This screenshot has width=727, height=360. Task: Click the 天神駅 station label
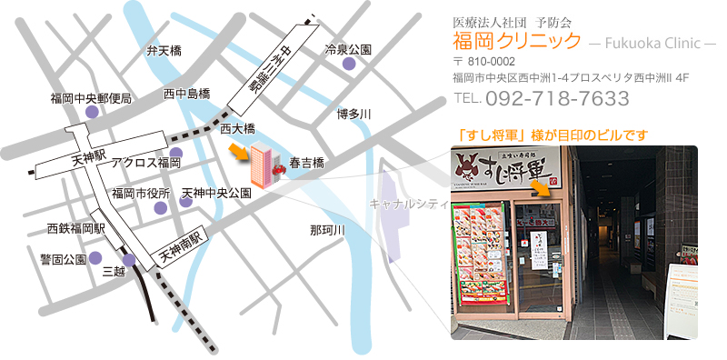click(x=89, y=160)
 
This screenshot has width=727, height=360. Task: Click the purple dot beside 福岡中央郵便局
click(x=91, y=112)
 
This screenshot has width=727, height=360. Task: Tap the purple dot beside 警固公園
click(x=95, y=258)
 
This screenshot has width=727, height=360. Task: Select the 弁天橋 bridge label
click(x=164, y=52)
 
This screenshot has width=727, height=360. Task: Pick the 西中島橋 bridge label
click(x=187, y=94)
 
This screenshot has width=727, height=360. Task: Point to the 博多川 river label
click(x=354, y=114)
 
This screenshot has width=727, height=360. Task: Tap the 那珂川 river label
click(x=327, y=231)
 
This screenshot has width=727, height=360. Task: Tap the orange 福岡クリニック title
click(x=516, y=41)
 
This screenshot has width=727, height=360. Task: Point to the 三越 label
click(x=113, y=271)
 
